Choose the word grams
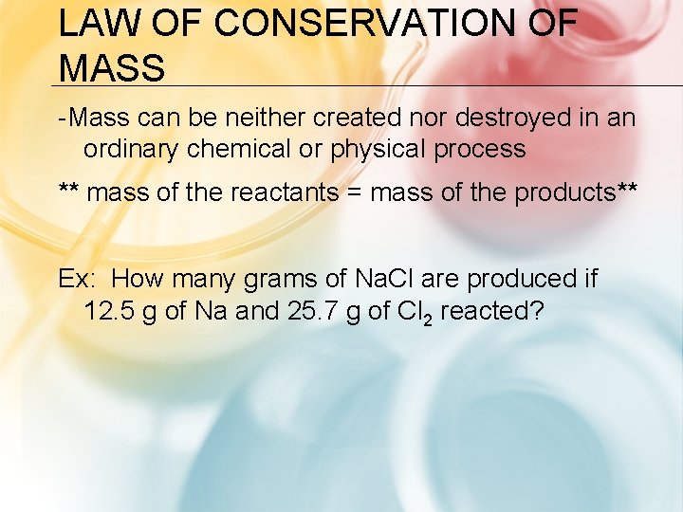point(280,281)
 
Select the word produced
point(519,281)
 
